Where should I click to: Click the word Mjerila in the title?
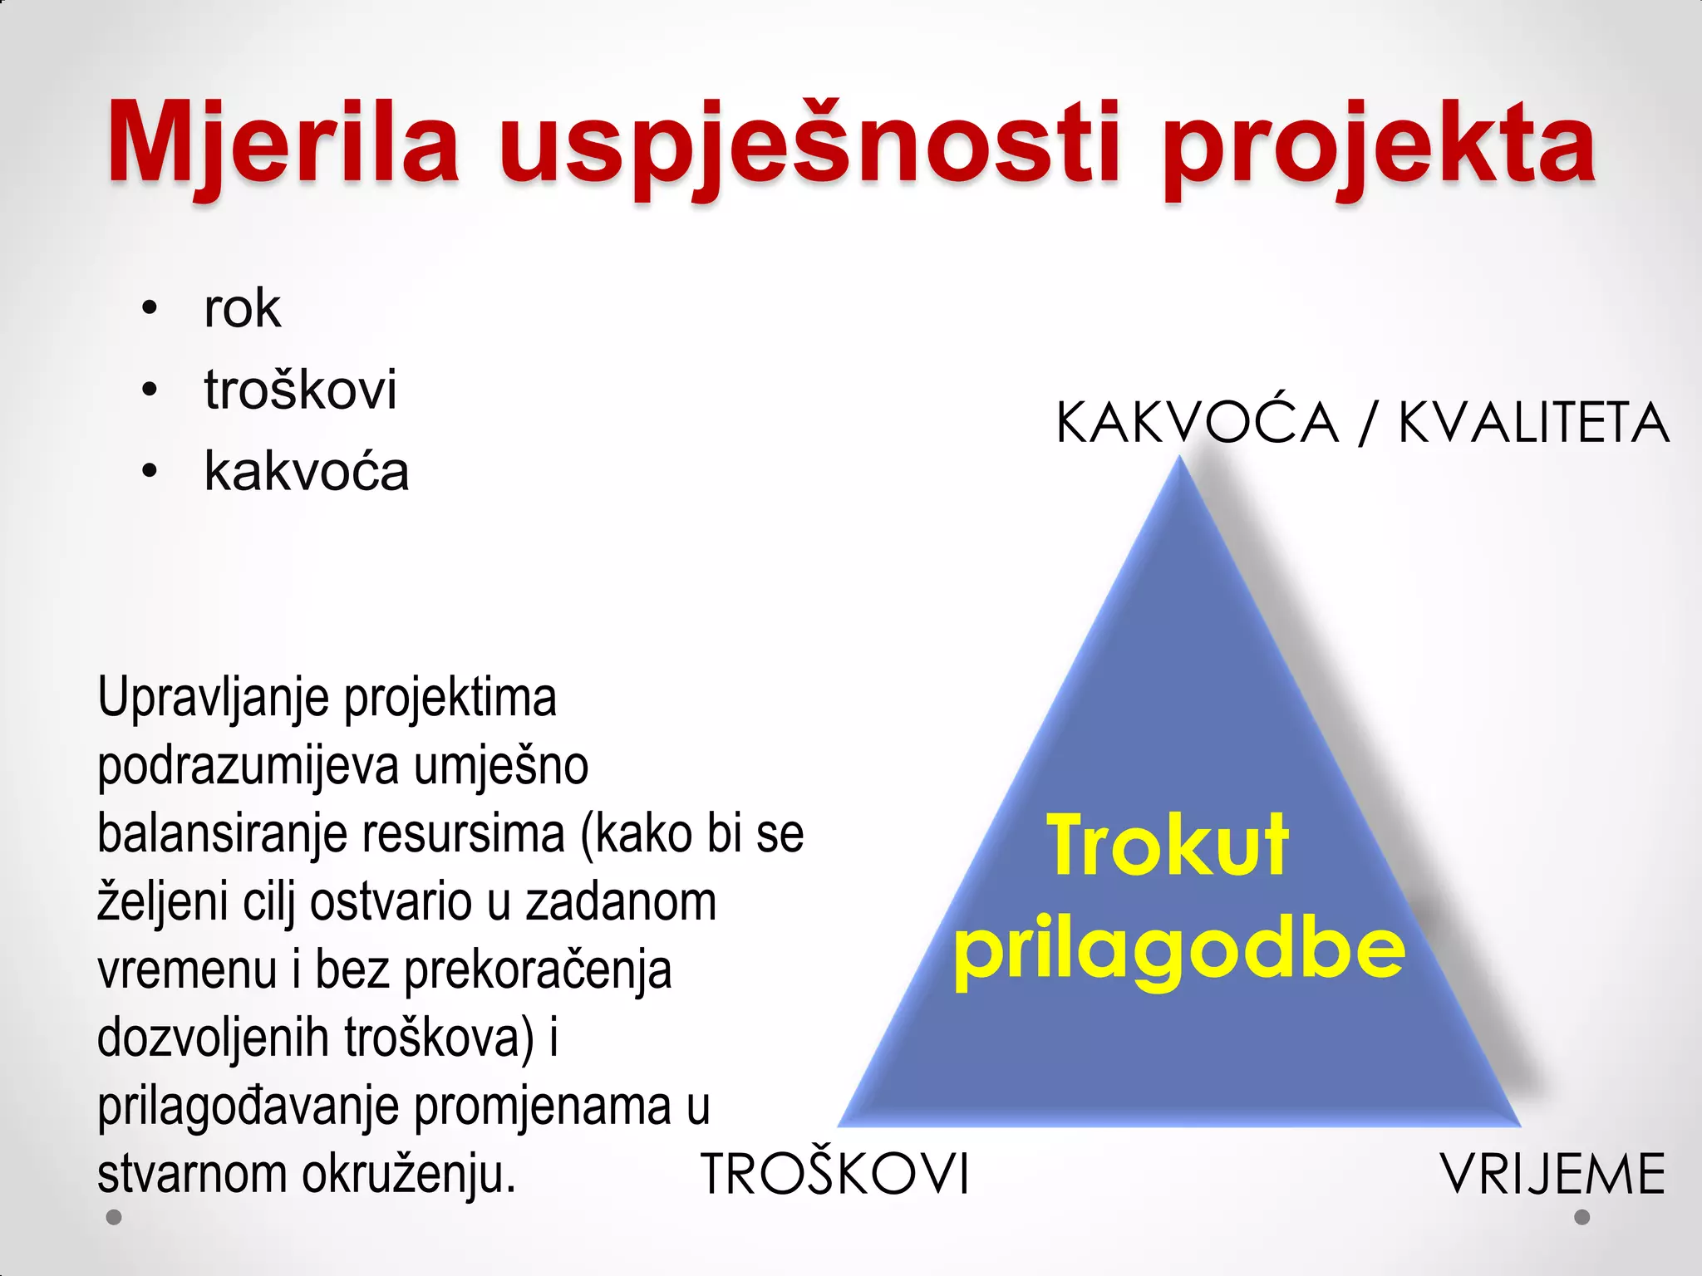[283, 143]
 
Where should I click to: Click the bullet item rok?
[242, 309]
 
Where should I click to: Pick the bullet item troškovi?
[300, 390]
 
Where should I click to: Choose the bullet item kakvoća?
[307, 471]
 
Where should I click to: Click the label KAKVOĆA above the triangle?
[1197, 423]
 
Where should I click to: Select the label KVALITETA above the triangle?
[1533, 423]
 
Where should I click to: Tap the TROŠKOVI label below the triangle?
[835, 1174]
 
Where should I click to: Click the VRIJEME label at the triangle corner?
[1552, 1174]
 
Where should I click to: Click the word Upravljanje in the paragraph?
[213, 698]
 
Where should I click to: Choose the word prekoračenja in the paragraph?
[538, 970]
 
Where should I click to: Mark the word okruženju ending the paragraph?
[408, 1174]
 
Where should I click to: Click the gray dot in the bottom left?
[115, 1217]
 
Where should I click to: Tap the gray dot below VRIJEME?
[1582, 1217]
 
